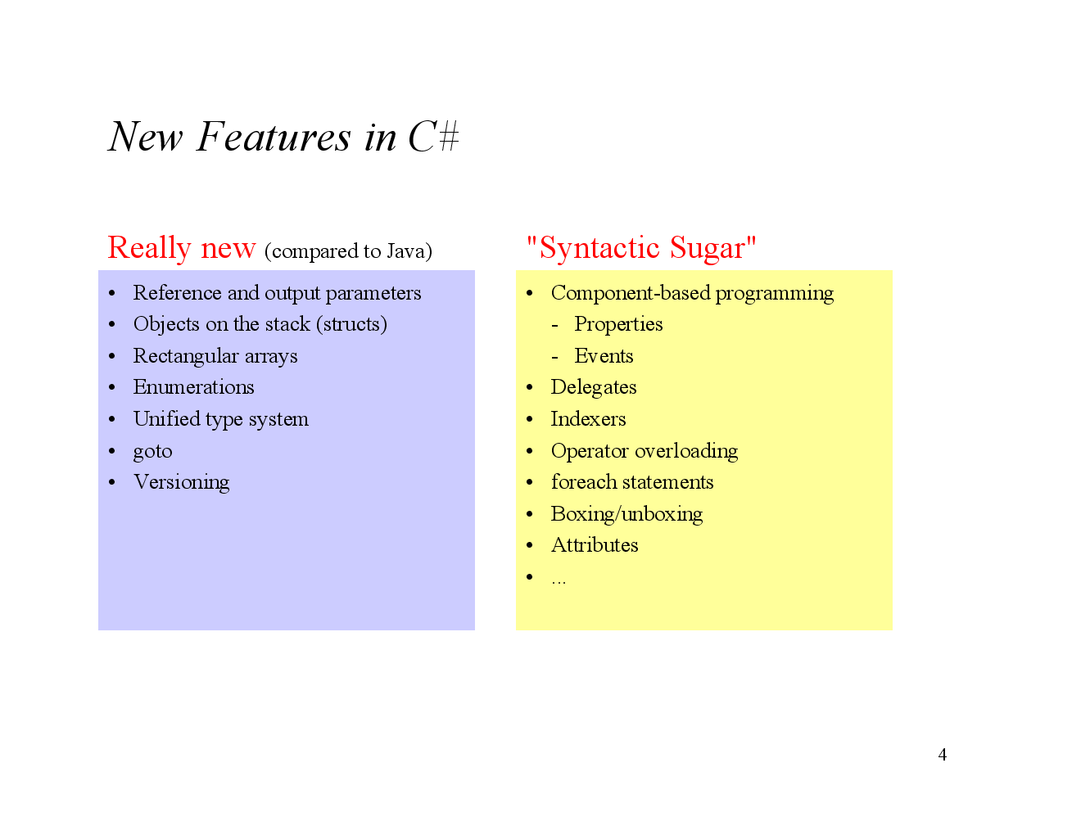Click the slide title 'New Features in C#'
click(x=283, y=137)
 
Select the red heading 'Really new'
click(x=182, y=247)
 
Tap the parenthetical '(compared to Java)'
click(x=348, y=250)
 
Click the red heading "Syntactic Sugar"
click(x=640, y=247)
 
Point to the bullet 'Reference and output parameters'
click(x=277, y=293)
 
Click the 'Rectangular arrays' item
click(x=215, y=356)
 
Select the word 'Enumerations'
click(x=193, y=387)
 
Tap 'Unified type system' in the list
click(x=221, y=419)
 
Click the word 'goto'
click(x=152, y=451)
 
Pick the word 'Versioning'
click(x=181, y=482)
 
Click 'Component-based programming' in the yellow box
click(x=692, y=293)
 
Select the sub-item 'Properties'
click(x=618, y=324)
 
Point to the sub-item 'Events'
click(x=604, y=356)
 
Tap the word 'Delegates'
click(x=594, y=387)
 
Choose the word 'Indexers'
click(x=588, y=419)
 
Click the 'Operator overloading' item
click(x=645, y=451)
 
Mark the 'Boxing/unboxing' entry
click(x=626, y=514)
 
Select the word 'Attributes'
click(x=595, y=545)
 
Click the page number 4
click(x=943, y=755)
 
